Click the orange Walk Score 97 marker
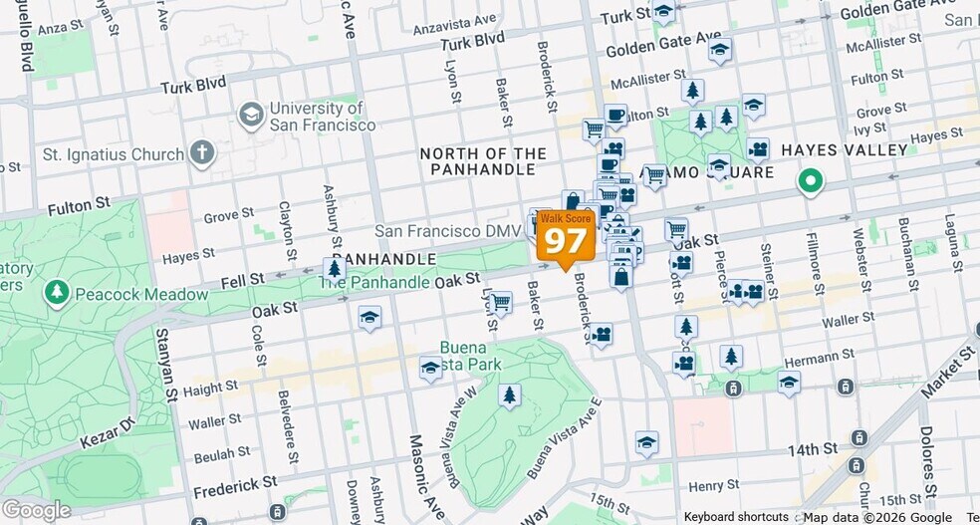point(566,238)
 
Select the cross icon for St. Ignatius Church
point(202,153)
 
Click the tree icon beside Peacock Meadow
point(58,293)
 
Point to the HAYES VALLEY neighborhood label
point(845,150)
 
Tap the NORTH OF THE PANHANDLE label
point(483,161)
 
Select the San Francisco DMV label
point(447,231)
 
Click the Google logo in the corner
point(37,510)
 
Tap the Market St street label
point(948,369)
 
